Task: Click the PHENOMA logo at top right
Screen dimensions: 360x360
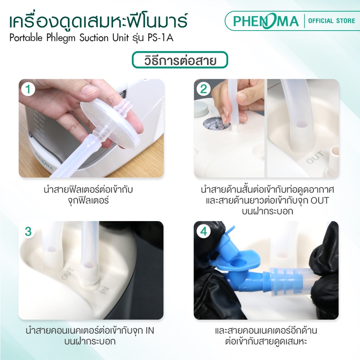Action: tap(266, 21)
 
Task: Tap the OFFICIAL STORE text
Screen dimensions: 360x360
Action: tap(332, 21)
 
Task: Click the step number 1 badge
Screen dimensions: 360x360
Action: tap(28, 89)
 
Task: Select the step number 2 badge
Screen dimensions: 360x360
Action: tap(204, 89)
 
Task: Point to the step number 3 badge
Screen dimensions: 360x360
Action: tap(28, 231)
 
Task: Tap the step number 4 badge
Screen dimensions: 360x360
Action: tap(204, 231)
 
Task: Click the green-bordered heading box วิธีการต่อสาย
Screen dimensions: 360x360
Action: tap(180, 60)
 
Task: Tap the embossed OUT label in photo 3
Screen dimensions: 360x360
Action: tap(67, 274)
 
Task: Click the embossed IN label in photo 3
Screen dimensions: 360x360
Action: tap(103, 291)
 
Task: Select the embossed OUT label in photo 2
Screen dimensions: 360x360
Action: tap(315, 157)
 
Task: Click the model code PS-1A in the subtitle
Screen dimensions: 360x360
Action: tap(160, 38)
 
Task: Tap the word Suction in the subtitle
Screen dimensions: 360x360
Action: tap(94, 38)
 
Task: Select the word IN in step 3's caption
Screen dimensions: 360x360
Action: tap(150, 330)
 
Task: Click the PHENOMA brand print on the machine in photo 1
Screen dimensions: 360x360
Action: tap(44, 161)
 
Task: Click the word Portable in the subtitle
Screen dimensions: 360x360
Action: tap(26, 38)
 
